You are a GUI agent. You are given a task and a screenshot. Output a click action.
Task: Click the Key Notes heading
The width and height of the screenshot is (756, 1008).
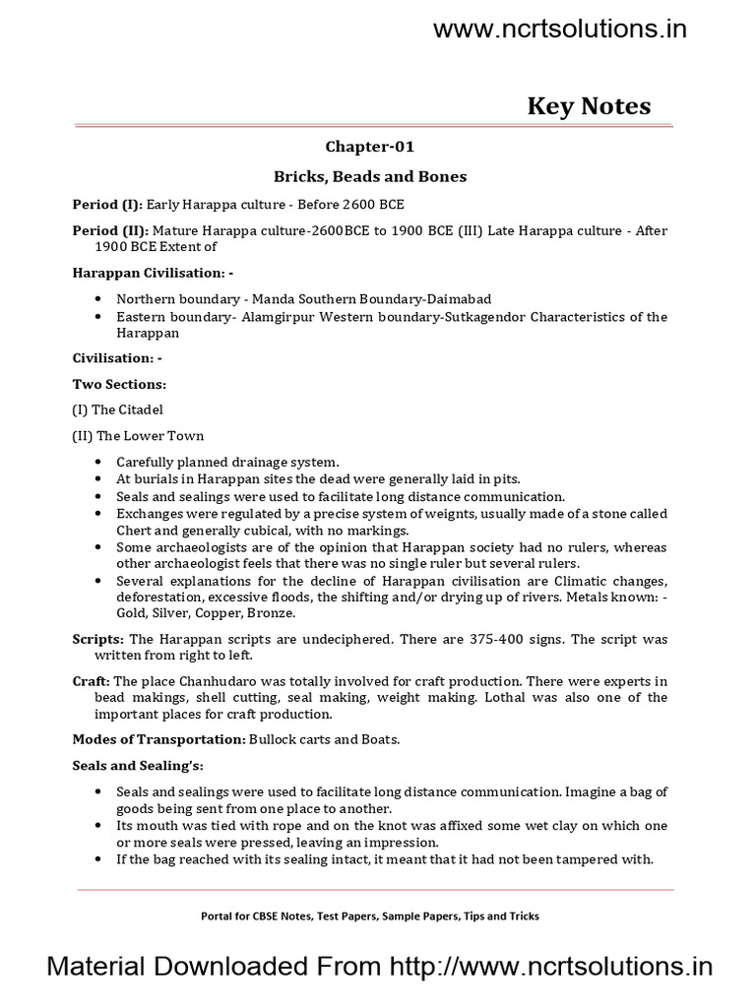point(589,106)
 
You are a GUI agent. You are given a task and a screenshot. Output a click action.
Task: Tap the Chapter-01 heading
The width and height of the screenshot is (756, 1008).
point(370,147)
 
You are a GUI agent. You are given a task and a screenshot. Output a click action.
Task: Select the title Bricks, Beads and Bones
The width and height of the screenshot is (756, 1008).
point(370,176)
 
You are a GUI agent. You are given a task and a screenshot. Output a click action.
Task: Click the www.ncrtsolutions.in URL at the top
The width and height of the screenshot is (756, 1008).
point(560,30)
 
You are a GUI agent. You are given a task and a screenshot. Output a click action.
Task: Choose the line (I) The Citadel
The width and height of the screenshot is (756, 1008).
point(117,409)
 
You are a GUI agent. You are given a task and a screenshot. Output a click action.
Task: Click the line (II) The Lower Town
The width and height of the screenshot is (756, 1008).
point(138,435)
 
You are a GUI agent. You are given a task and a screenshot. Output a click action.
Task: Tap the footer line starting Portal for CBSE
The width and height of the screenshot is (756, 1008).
point(369,915)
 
